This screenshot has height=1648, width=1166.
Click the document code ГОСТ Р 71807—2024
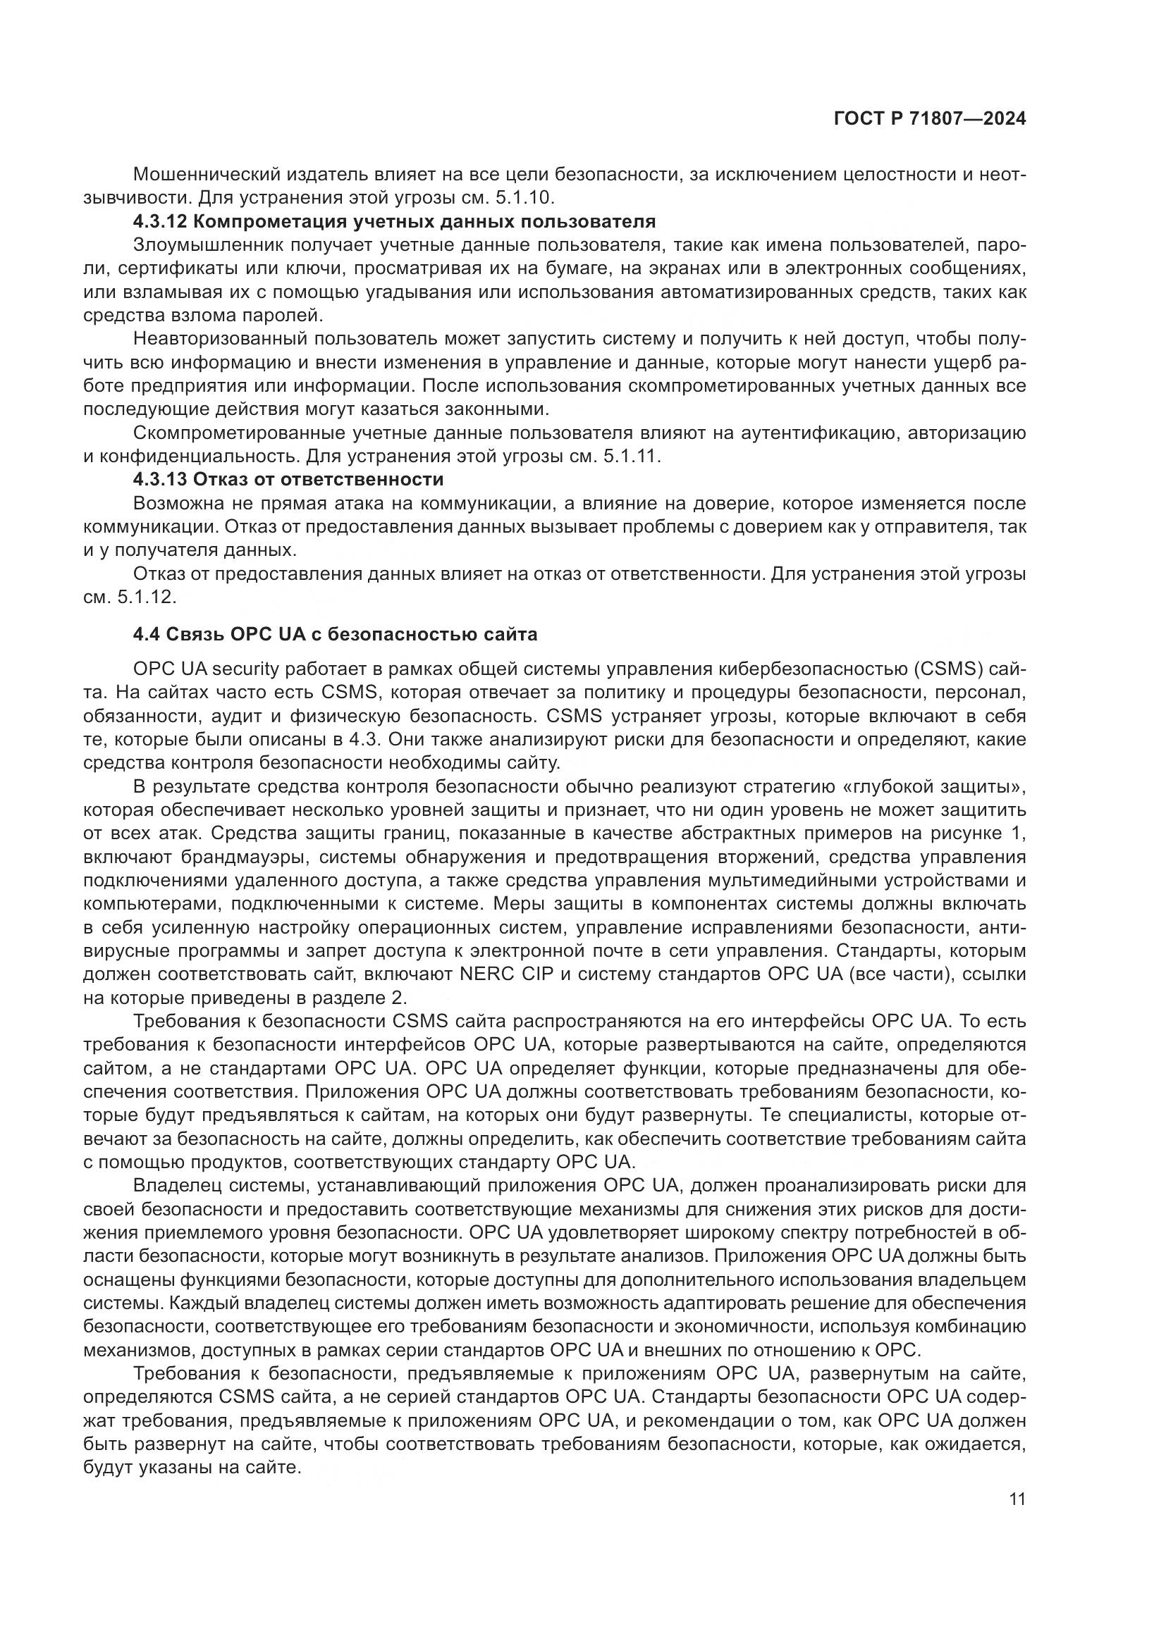(929, 119)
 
